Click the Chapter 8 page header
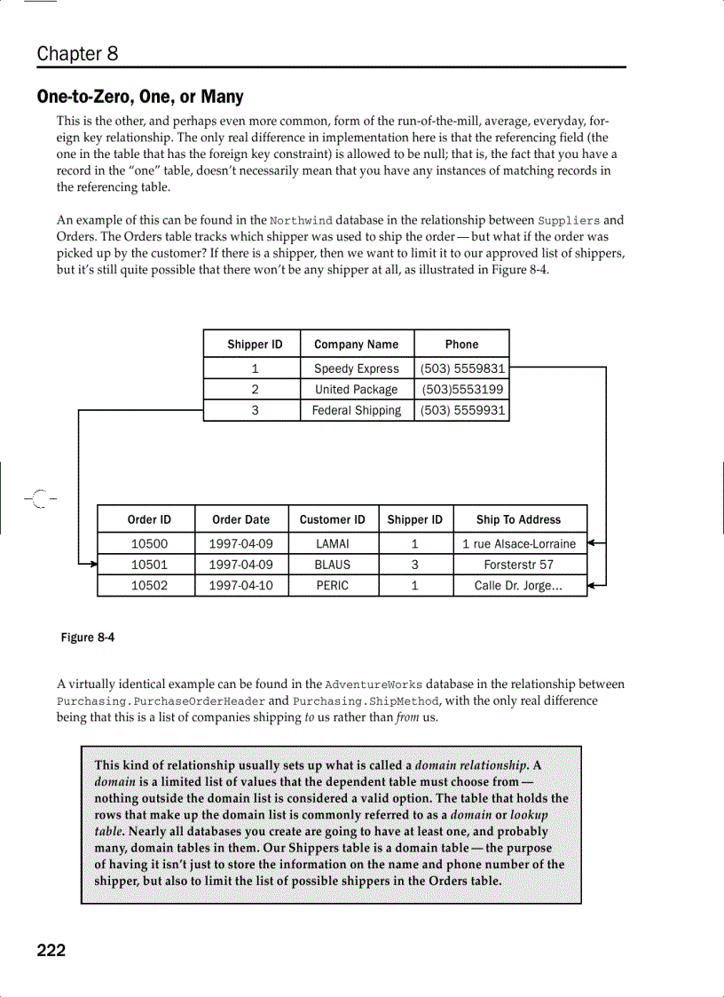click(x=77, y=53)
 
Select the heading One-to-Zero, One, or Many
click(x=140, y=96)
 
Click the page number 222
click(x=51, y=951)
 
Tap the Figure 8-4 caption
click(x=87, y=637)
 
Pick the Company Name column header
click(x=356, y=344)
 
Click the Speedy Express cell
click(x=356, y=368)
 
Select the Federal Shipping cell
click(x=356, y=410)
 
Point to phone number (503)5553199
click(x=462, y=389)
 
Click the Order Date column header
click(x=240, y=519)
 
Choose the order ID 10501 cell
click(x=149, y=565)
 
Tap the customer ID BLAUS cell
click(x=333, y=565)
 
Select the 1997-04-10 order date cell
click(x=240, y=586)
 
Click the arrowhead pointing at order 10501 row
click(x=91, y=564)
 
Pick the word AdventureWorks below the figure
click(x=374, y=685)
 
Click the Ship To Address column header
click(x=518, y=519)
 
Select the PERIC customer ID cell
click(x=333, y=586)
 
